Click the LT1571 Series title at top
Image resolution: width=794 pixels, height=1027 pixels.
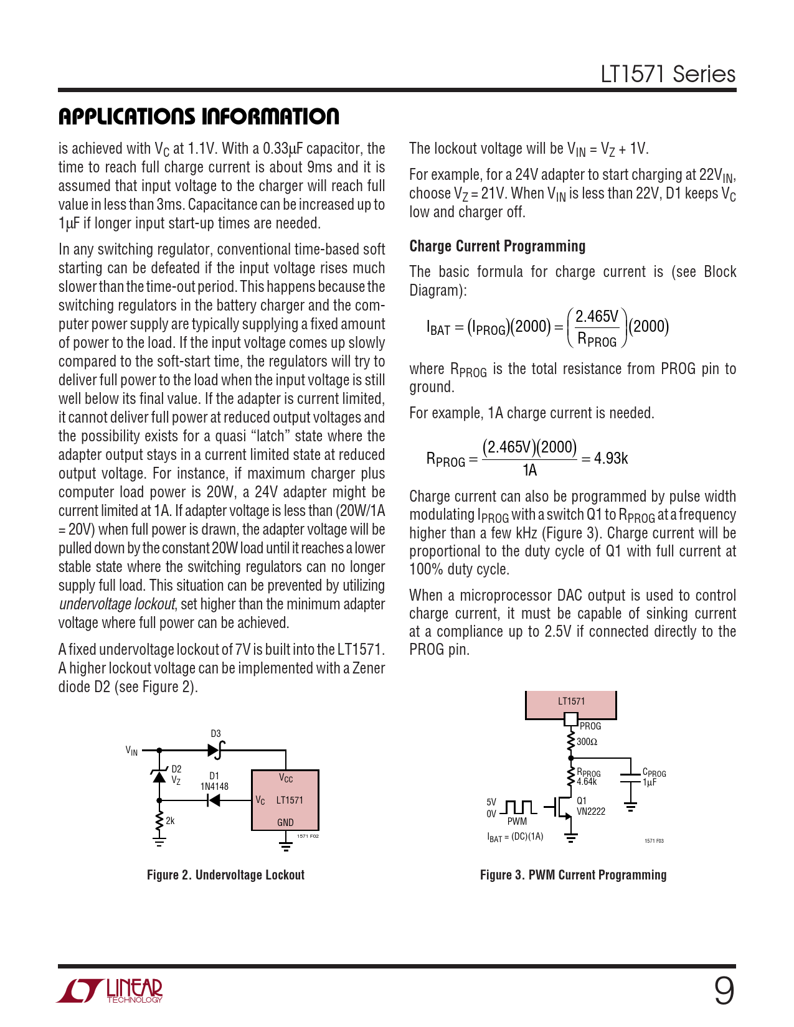(x=668, y=74)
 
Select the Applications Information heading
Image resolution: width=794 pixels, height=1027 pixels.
(x=199, y=116)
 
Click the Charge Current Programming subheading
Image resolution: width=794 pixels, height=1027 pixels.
(x=497, y=246)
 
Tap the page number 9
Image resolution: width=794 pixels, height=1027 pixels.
(x=724, y=992)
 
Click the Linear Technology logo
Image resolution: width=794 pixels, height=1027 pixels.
(x=110, y=992)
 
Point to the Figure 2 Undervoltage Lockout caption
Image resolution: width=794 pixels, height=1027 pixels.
(x=225, y=875)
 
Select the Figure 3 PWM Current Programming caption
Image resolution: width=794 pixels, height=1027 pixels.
(x=573, y=875)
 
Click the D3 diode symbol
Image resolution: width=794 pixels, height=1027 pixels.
(x=215, y=750)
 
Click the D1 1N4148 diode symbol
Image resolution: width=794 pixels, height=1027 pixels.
(x=213, y=800)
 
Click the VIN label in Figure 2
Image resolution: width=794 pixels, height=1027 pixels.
(x=131, y=751)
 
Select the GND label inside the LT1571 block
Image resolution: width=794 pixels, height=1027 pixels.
(x=285, y=822)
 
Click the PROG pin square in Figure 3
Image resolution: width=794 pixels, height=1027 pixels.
(x=570, y=720)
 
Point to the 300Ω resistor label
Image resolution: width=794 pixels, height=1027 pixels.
(x=587, y=742)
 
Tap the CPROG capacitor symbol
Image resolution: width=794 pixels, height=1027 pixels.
(x=630, y=777)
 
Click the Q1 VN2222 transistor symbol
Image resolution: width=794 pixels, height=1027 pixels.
(x=563, y=808)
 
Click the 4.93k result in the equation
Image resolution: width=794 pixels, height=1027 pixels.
(x=611, y=459)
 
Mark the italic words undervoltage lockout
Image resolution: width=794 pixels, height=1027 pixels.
(x=117, y=604)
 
